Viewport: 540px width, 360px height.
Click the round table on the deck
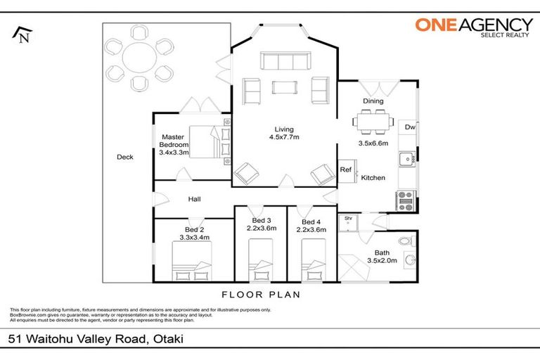coord(139,60)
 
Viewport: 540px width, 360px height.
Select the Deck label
coord(125,157)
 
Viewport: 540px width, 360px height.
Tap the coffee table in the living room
coord(285,88)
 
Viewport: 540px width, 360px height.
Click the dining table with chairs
coord(373,122)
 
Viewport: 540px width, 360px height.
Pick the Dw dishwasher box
coord(409,127)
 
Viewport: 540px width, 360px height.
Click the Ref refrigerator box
coord(346,169)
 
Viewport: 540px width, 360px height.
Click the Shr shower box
coord(347,221)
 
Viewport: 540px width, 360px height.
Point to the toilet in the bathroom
coord(405,242)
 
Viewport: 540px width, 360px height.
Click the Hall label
coord(195,199)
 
